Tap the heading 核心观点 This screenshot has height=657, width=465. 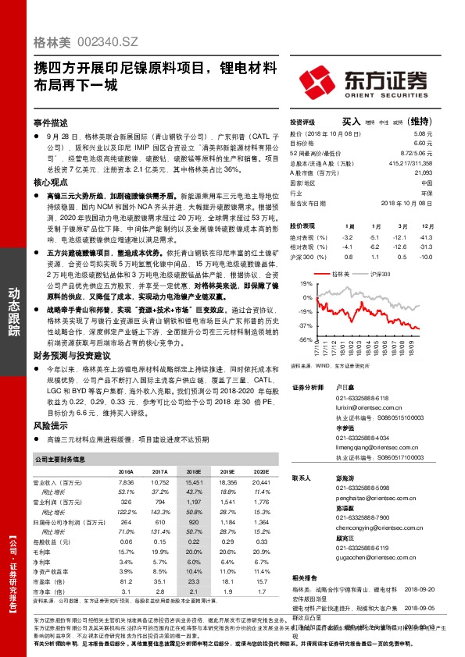[51, 181]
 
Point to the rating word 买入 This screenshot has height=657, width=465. [352, 122]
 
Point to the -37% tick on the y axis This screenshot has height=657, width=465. [304, 325]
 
